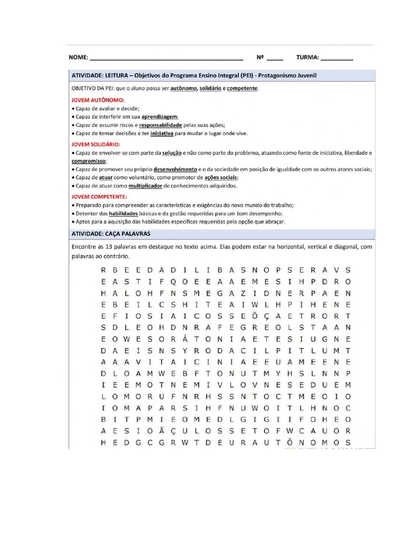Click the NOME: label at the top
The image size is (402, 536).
pos(79,58)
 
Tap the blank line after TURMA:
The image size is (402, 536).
pos(337,59)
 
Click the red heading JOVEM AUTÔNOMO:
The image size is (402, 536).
pos(98,99)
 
